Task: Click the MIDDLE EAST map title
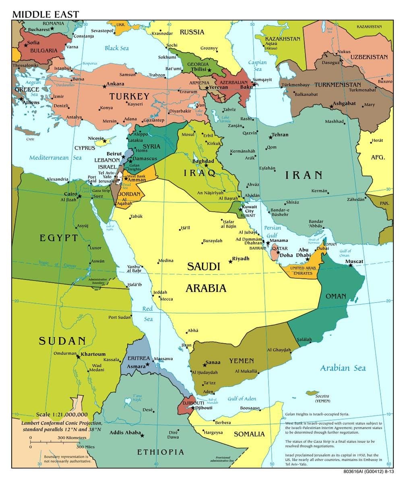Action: (x=45, y=15)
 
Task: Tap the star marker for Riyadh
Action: (x=230, y=262)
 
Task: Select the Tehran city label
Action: (x=280, y=135)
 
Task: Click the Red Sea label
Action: (x=148, y=314)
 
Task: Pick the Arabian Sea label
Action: (x=343, y=368)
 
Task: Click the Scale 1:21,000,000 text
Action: (x=62, y=414)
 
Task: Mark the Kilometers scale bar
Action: (x=54, y=442)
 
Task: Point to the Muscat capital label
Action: (x=354, y=261)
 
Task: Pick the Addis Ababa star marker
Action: (x=142, y=435)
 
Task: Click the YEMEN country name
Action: (x=242, y=361)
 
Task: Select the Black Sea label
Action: (x=117, y=48)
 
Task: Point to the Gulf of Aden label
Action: (x=242, y=398)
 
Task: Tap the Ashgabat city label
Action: (x=344, y=103)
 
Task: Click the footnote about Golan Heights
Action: (x=317, y=414)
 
